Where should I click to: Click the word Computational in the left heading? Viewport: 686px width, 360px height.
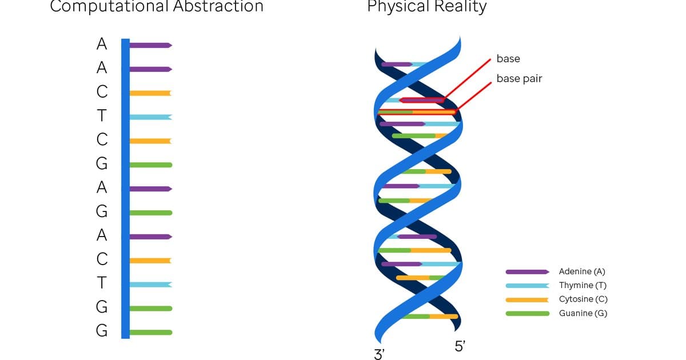pos(109,6)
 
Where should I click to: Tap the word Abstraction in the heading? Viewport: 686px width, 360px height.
pos(218,6)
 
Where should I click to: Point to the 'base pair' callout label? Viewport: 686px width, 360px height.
pos(520,79)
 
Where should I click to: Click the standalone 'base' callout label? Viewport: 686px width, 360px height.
pos(508,58)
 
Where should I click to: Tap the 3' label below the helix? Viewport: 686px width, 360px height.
pos(380,354)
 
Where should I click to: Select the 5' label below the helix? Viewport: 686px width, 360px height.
pos(460,346)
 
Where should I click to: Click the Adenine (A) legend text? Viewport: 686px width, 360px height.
pos(582,271)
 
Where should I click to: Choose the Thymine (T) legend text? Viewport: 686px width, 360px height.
pos(583,285)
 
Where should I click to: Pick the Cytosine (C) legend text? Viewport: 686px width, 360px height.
pos(583,299)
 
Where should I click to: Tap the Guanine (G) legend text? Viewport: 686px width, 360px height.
pos(583,313)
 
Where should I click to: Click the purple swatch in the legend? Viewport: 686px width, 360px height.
pos(527,272)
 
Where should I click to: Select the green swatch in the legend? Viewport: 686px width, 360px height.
pos(527,314)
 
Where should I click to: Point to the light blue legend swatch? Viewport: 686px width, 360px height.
pos(527,286)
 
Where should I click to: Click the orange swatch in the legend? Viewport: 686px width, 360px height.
pos(527,299)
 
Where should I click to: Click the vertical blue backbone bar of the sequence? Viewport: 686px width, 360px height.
pos(126,189)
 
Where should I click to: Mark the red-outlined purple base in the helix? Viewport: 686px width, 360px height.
pos(422,100)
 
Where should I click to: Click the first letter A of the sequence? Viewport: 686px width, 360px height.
pos(102,44)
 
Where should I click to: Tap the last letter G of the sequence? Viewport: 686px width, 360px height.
pos(102,331)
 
